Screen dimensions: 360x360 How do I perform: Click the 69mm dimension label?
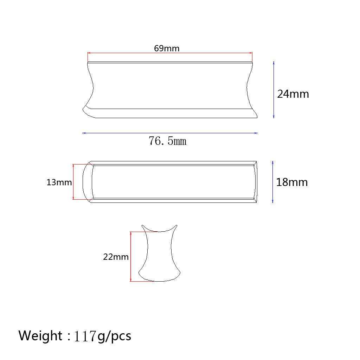point(167,49)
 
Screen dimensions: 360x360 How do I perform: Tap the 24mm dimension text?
point(293,94)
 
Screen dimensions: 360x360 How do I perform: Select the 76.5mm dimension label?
point(168,141)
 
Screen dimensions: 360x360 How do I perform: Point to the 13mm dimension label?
point(59,182)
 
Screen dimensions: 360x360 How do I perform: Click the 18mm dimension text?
point(292,182)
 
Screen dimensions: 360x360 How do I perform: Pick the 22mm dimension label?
point(116,257)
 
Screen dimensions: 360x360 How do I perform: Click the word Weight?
point(40,336)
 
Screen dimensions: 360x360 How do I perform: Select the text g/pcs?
point(114,336)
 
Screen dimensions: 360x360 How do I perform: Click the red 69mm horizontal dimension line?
point(170,53)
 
